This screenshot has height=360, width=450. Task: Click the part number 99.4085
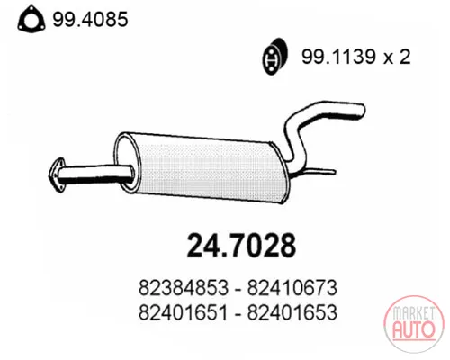(90, 19)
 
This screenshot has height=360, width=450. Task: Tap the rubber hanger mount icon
(274, 57)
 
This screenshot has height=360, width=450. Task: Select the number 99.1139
(338, 56)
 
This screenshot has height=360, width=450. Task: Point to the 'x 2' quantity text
(397, 57)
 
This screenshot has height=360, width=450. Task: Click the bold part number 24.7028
(241, 246)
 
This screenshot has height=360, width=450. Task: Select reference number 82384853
(184, 288)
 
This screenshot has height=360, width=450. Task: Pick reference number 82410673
(292, 288)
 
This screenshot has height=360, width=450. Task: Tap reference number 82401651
(184, 312)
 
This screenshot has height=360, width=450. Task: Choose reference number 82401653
(292, 312)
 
